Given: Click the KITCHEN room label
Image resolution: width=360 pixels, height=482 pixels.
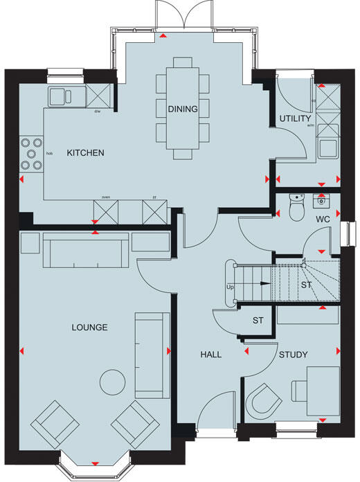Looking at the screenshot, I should pos(85,152).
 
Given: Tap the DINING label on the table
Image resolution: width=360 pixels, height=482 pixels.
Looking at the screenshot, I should pos(183,109).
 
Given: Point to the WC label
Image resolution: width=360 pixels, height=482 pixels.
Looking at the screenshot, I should pos(323,219).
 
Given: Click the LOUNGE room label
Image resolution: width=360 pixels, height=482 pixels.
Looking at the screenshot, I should pos(89,327).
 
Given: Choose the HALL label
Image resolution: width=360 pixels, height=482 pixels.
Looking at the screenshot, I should pos(210,354).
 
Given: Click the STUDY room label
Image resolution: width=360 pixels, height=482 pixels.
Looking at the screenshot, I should pos(293,355).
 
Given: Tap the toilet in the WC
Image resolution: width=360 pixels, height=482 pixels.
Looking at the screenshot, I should pos(296,206).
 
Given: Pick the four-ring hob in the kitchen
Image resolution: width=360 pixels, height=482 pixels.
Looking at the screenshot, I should pos(30,153).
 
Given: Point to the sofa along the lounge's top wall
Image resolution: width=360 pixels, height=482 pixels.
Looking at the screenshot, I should pos(85,251).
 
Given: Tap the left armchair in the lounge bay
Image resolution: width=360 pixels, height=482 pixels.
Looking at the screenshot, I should pos(54,422).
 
